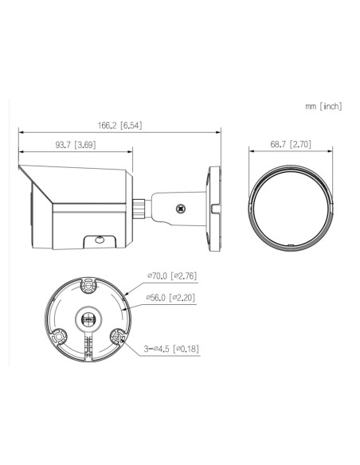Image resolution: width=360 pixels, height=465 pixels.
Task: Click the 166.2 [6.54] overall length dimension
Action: point(119,126)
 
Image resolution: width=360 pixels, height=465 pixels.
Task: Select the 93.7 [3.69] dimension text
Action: point(76,145)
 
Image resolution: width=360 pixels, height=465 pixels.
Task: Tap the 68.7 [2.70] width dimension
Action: point(291,144)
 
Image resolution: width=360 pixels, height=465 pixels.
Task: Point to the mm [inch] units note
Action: point(323,106)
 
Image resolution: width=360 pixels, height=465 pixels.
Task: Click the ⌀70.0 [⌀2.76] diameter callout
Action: point(172,275)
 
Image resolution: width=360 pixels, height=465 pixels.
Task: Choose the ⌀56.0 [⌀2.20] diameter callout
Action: point(170,298)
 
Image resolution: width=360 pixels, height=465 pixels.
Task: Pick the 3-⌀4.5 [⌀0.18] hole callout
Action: point(171,349)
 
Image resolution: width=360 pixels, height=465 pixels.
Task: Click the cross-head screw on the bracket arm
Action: point(180,209)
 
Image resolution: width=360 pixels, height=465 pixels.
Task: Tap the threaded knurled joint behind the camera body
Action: point(139,209)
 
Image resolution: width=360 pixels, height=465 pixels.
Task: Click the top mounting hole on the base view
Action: point(88,286)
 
